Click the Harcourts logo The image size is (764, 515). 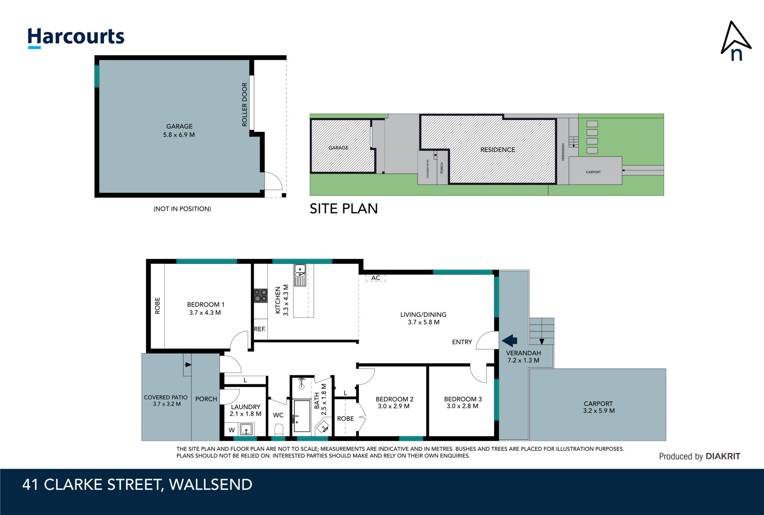point(76,38)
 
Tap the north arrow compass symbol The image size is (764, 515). point(735,41)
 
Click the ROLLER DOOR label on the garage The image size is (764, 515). point(245,104)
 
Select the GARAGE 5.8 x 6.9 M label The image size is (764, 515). point(179,131)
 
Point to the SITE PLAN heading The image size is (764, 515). point(344,209)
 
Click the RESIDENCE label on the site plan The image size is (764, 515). point(498,150)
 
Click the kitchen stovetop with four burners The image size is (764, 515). point(261,296)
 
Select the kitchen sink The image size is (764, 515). point(300,275)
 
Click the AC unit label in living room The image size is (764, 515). point(376,278)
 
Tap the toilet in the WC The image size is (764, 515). point(279,430)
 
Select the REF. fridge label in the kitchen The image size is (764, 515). point(260,329)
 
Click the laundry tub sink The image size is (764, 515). point(246,429)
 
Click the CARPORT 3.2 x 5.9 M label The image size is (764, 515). point(599,407)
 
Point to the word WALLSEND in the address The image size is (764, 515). point(211,485)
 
